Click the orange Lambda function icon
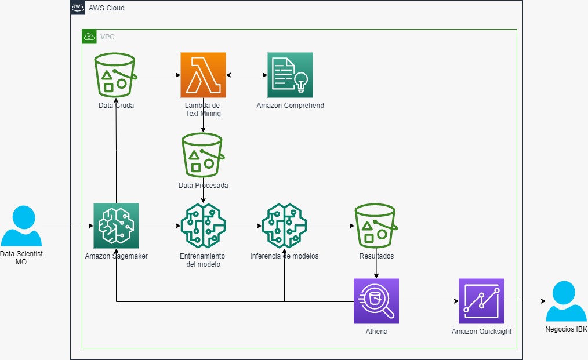pos(203,75)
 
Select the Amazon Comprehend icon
pos(290,75)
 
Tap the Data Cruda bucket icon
pos(115,75)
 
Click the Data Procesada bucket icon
pos(203,155)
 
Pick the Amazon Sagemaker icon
pos(116,226)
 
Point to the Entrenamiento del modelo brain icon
pos(203,226)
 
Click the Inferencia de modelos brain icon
pos(284,226)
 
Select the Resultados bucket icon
pos(376,226)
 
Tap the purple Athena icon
pos(376,301)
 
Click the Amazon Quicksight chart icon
pos(481,301)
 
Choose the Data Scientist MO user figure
pos(21,226)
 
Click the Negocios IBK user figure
pos(566,301)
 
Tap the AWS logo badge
pos(78,8)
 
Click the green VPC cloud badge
pos(89,37)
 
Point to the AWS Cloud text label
pos(107,8)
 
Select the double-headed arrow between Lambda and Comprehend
pos(246,75)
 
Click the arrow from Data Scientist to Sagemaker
pos(67,226)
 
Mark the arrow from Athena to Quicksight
pos(429,301)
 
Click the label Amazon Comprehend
pos(291,106)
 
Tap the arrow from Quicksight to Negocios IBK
pos(525,301)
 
